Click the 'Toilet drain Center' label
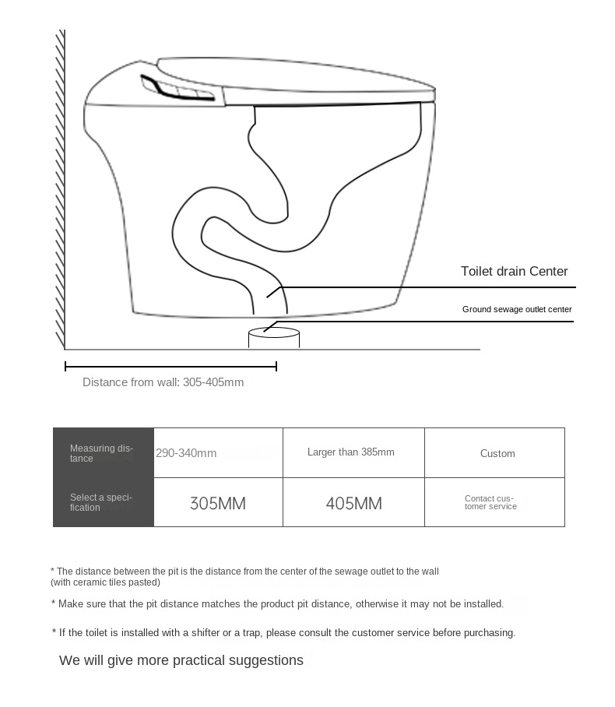(x=514, y=272)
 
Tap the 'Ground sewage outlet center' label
(x=517, y=309)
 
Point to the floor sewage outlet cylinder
(x=273, y=338)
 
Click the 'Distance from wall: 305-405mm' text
(x=163, y=382)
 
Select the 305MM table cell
(x=218, y=503)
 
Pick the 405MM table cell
(x=353, y=503)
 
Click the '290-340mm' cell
(x=187, y=453)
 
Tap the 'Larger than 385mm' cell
(x=350, y=452)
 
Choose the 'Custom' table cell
(x=497, y=453)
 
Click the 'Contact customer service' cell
(x=490, y=502)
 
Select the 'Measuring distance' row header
(x=102, y=453)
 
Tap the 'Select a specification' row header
(x=102, y=502)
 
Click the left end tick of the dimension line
(x=65, y=366)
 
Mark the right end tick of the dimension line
(x=276, y=366)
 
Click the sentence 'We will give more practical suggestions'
(x=181, y=660)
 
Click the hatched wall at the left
(x=60, y=195)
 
